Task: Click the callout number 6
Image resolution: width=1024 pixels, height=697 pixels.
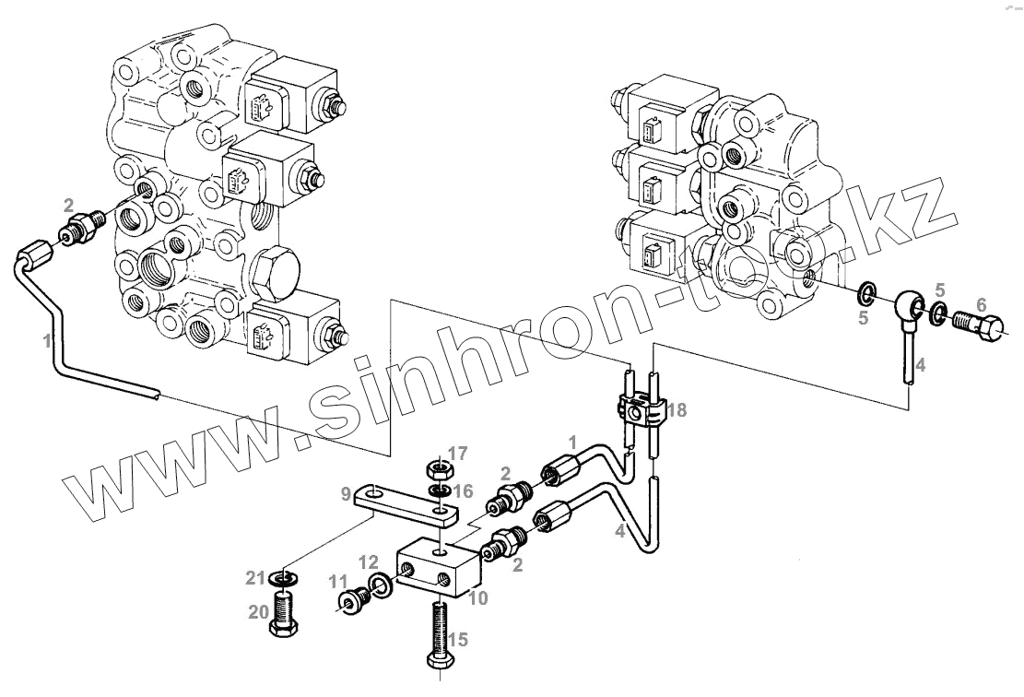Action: (x=981, y=304)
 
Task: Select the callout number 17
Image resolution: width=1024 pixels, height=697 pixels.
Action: (x=457, y=453)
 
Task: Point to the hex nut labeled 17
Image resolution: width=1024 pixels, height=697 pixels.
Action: (x=437, y=468)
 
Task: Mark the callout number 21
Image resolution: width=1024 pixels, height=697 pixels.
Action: (x=255, y=578)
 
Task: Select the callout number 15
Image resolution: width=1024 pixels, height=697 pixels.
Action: (x=458, y=639)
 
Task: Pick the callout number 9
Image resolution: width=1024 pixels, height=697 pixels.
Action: (x=346, y=494)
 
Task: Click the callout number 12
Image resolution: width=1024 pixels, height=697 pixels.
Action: (x=368, y=561)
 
